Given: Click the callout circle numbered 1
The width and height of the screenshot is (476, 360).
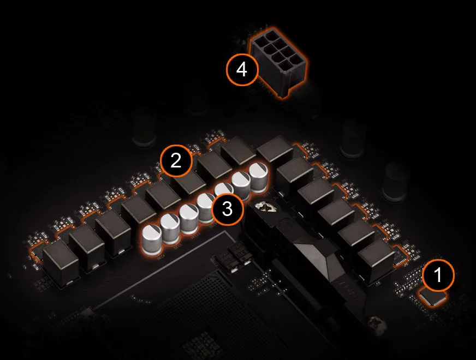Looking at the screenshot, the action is click(x=438, y=275).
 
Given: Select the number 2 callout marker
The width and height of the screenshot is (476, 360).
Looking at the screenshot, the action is click(x=176, y=160).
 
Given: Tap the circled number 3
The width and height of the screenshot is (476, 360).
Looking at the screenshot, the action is click(x=228, y=209).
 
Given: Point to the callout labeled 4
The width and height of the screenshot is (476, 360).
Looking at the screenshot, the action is click(x=242, y=70).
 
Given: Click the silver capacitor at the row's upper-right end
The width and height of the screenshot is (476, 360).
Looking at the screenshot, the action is click(x=259, y=177).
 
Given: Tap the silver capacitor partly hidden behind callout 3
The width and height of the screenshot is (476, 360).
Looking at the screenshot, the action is click(x=224, y=190).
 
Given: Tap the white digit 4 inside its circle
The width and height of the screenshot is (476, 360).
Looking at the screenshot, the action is click(x=242, y=70).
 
